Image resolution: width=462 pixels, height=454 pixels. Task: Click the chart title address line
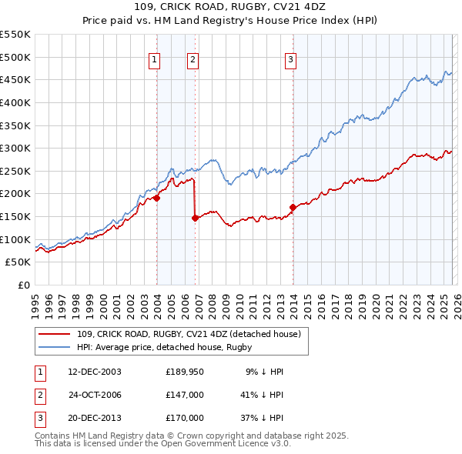coord(231,7)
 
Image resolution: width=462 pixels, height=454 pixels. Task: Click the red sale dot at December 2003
coord(157,198)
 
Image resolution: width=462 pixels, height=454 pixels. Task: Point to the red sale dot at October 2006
coord(196,218)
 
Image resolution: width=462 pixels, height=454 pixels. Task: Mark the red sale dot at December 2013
coord(293,207)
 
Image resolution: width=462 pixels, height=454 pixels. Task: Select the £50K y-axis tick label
coord(18,262)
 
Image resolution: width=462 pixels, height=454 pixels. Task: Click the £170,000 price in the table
coord(185,418)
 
